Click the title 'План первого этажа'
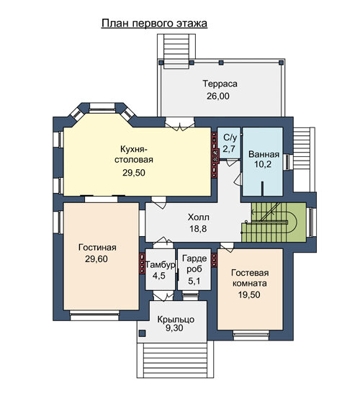tap(154, 24)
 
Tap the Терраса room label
tap(220, 84)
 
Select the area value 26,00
tap(218, 96)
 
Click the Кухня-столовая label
tap(134, 155)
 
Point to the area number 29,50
tap(134, 173)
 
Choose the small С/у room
tap(229, 143)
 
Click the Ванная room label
tap(264, 155)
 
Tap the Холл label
tap(199, 217)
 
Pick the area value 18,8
tap(198, 229)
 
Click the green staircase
tap(274, 222)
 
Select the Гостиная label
tap(97, 248)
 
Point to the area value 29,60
tap(96, 259)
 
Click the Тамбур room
tap(160, 269)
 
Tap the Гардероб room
tap(194, 269)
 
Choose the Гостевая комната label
tap(250, 278)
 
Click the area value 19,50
tap(249, 294)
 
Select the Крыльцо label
tap(176, 320)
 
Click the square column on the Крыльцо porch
tap(142, 333)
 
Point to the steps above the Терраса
tap(176, 50)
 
